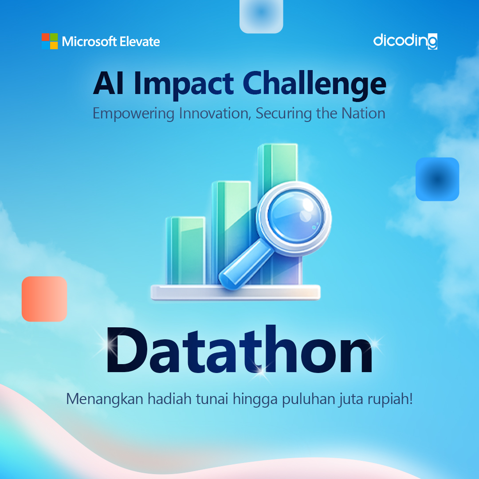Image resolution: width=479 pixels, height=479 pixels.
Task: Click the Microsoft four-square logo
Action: pyautogui.click(x=50, y=41)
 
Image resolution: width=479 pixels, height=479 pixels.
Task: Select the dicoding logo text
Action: pyautogui.click(x=405, y=41)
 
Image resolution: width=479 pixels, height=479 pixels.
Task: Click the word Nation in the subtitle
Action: pyautogui.click(x=363, y=113)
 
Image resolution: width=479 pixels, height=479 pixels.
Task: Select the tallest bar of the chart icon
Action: pyautogui.click(x=278, y=169)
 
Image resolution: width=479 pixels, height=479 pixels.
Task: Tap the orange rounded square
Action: pyautogui.click(x=44, y=299)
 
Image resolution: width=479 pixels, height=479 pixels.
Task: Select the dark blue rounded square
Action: pyautogui.click(x=437, y=179)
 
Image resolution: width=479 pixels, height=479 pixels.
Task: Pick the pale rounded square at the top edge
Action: pyautogui.click(x=261, y=16)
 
